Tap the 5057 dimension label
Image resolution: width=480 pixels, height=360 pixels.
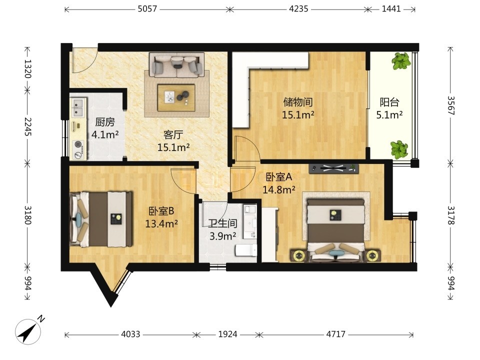[147, 9]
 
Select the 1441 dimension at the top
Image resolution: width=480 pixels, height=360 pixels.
[391, 9]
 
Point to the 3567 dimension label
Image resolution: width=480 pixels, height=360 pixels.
[451, 105]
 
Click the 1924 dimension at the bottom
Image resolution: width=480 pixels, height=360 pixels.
[227, 334]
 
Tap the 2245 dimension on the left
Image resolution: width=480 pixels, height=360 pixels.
[28, 126]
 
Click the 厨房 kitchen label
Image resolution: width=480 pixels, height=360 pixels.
[105, 122]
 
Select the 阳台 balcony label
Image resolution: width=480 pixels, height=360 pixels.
[389, 102]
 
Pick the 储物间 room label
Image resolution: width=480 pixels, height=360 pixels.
[298, 102]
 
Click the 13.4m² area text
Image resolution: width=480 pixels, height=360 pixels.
[161, 224]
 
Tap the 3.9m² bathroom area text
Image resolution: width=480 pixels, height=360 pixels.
[222, 236]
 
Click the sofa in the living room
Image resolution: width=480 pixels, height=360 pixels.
[176, 64]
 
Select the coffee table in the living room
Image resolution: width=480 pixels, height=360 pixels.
[176, 97]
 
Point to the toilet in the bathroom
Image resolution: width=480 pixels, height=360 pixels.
[246, 250]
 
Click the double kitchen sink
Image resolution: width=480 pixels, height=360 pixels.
[78, 107]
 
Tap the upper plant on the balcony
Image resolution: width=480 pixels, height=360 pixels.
[401, 61]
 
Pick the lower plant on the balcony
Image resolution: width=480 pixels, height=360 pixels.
[399, 149]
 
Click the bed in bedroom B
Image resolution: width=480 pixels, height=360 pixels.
[101, 219]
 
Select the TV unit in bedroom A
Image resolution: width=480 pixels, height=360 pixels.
[333, 168]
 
